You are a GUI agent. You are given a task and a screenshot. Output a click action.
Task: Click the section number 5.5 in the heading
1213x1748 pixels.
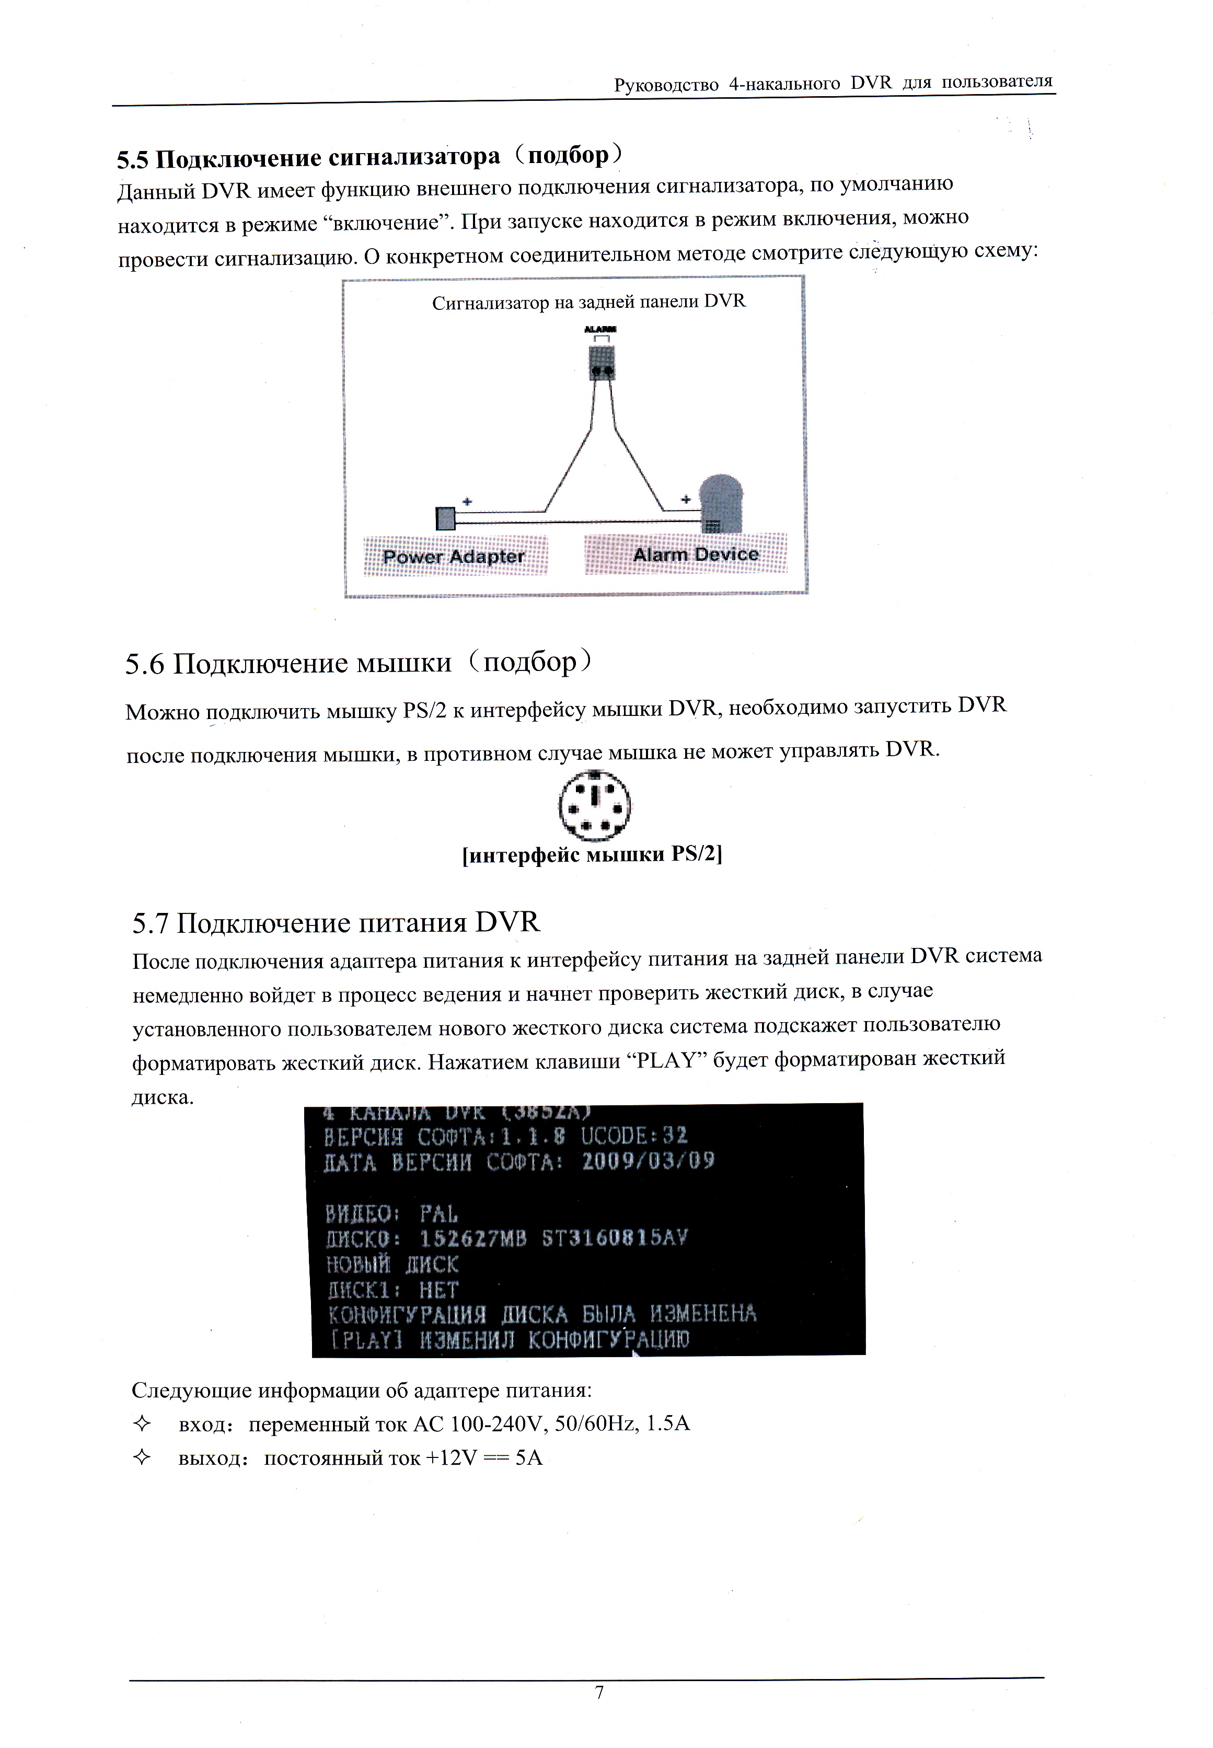134,160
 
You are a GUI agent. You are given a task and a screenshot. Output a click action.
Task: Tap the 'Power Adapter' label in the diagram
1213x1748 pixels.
454,557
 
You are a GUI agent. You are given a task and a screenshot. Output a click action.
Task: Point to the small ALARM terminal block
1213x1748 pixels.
602,363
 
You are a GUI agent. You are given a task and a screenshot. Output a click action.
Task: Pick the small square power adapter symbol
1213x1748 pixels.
445,518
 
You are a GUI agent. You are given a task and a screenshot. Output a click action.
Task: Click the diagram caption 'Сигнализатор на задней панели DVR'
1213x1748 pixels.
589,303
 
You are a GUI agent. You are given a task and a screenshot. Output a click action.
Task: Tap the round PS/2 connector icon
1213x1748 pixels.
594,806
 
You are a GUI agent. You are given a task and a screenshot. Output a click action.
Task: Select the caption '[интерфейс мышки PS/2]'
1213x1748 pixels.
592,854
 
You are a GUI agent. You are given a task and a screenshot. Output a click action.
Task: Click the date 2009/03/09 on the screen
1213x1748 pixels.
648,1161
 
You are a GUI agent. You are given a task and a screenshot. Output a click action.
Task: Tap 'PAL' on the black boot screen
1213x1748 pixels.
440,1214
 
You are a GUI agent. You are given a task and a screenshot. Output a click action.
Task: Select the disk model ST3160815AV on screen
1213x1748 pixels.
614,1239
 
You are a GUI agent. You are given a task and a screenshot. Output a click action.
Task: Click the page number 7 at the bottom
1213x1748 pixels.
599,1692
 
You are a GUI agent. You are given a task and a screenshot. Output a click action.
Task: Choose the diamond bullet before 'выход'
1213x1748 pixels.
141,1457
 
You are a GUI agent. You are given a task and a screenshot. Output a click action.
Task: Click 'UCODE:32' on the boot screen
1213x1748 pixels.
634,1136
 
